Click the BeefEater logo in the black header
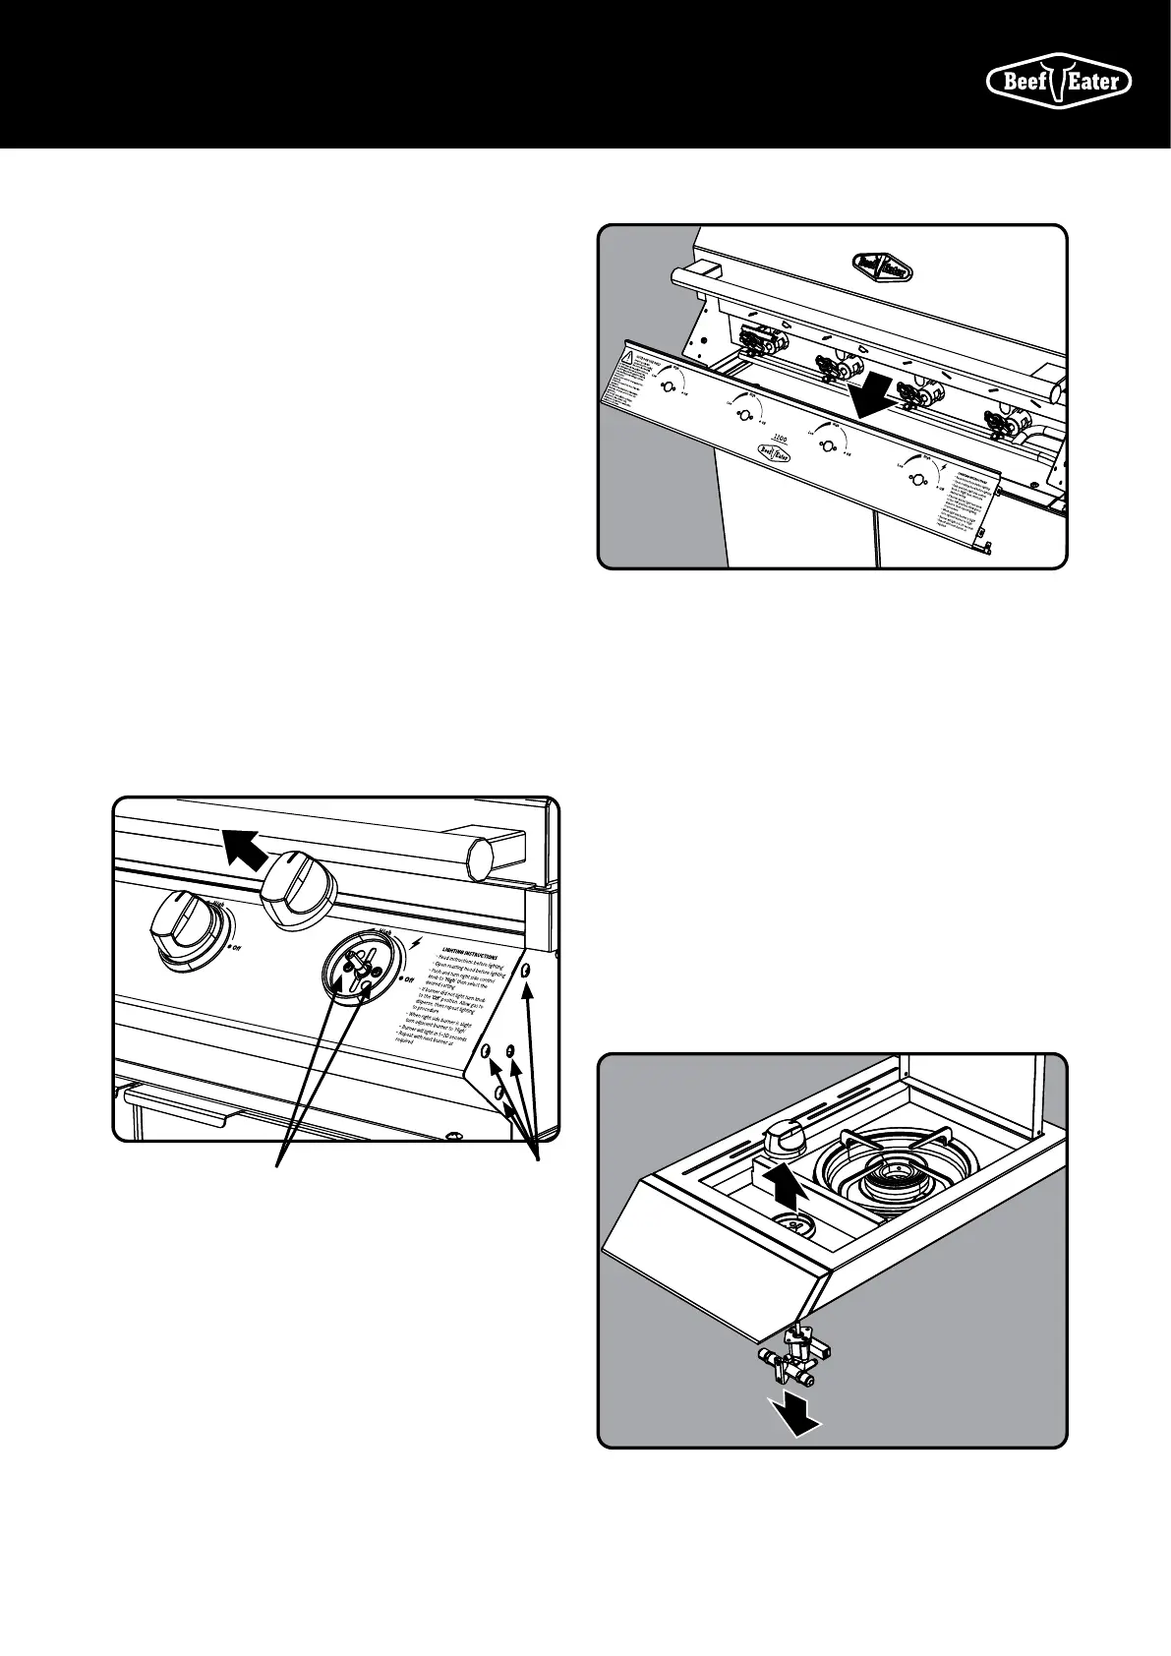coord(1059,82)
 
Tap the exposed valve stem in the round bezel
coord(362,970)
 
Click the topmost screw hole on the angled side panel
coord(526,971)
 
